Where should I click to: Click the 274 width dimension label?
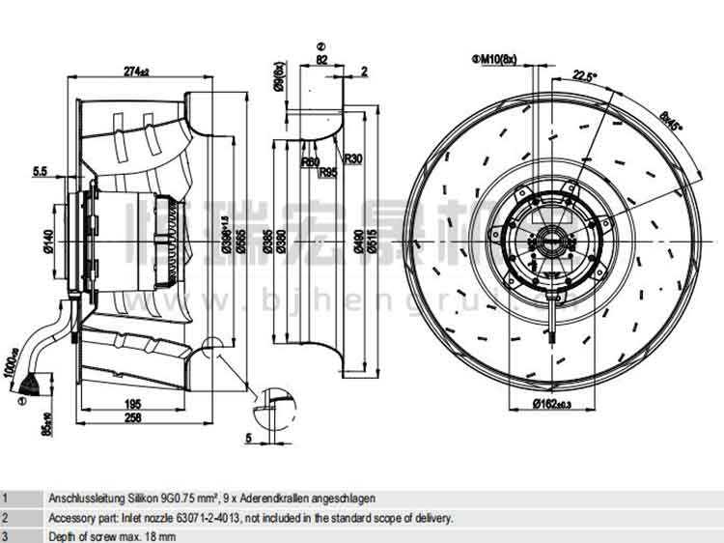tap(136, 71)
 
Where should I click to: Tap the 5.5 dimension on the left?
tap(40, 171)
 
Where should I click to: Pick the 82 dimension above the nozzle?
tap(321, 59)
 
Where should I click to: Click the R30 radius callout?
tap(352, 158)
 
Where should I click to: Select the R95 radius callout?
tap(327, 172)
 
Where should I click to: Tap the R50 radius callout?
tap(310, 161)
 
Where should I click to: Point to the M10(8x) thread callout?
tap(496, 59)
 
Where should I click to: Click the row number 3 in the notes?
tap(5, 535)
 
